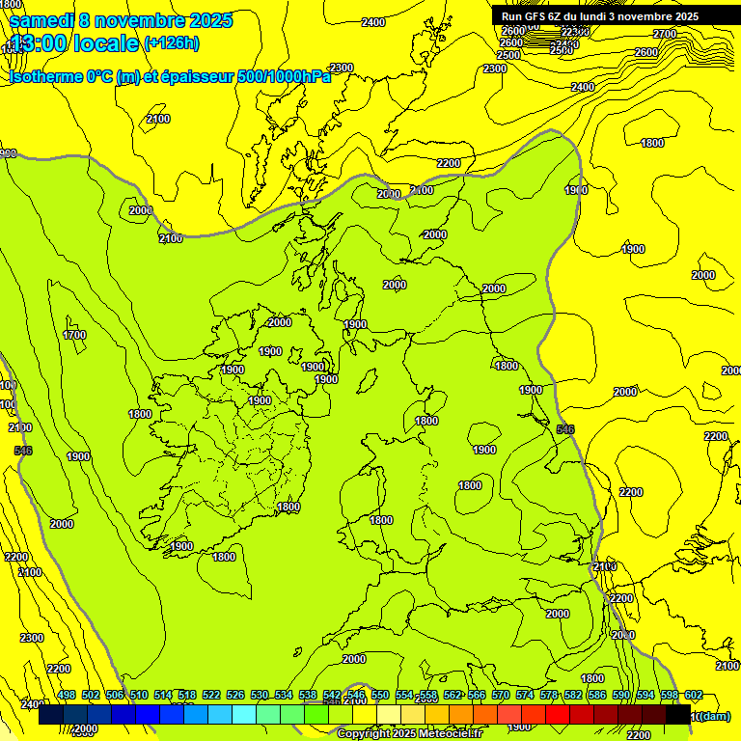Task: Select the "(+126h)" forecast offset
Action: [x=171, y=42]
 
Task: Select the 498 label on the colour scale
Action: [x=67, y=695]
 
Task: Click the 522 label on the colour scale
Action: [x=211, y=695]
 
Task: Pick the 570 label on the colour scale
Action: [x=501, y=695]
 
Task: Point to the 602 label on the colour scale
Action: [x=693, y=695]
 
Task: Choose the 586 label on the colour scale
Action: [x=597, y=695]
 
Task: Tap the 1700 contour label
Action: [x=74, y=335]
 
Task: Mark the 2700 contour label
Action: [x=665, y=34]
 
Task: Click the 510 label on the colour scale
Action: [x=139, y=695]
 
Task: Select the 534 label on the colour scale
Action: [x=284, y=695]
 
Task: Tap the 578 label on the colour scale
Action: [x=549, y=695]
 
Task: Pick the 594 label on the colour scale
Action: [x=645, y=695]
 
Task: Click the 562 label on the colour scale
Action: [x=453, y=695]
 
